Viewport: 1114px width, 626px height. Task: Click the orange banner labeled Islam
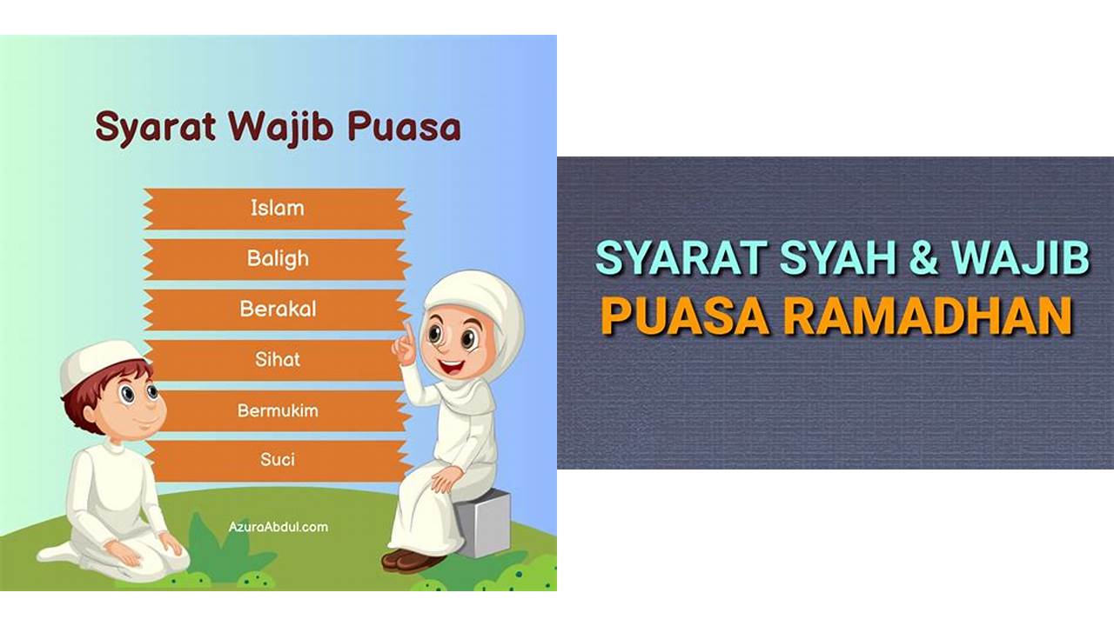(277, 209)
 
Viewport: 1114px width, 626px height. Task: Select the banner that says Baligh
(277, 259)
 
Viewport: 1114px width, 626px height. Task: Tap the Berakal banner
(277, 310)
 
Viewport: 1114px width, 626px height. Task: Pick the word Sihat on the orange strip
(278, 359)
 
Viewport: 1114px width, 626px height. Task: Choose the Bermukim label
(278, 410)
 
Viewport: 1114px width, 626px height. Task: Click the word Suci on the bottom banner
(278, 460)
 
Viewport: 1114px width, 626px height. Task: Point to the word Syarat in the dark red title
(155, 128)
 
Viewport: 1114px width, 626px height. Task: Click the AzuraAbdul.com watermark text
(278, 527)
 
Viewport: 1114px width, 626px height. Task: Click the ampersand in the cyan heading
(923, 257)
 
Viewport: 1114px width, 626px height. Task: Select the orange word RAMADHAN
(928, 316)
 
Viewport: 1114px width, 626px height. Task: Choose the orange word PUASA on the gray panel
(685, 316)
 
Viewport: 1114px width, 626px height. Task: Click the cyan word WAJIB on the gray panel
(1020, 258)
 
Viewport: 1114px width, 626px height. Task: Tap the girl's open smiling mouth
(452, 368)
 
